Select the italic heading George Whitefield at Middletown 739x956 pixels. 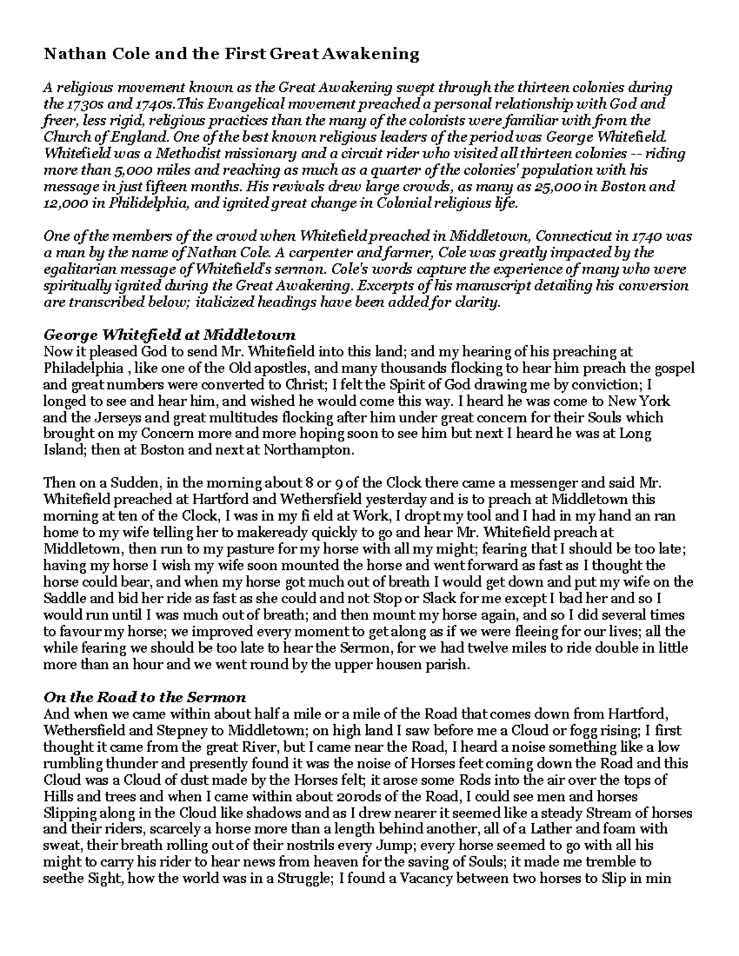coord(169,335)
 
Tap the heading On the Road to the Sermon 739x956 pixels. coord(145,697)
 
